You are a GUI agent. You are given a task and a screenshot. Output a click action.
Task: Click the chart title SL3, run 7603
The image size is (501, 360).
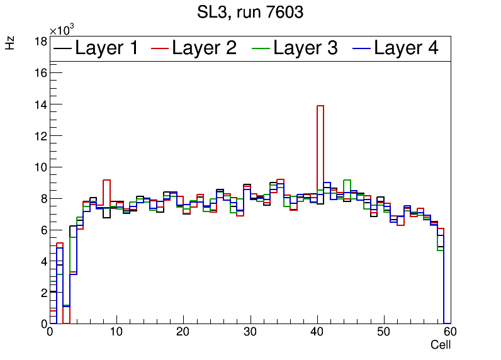click(x=250, y=13)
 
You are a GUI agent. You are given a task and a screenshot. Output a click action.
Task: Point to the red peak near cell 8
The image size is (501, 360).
click(x=106, y=181)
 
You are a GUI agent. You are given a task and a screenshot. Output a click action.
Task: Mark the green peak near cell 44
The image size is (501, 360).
click(x=347, y=181)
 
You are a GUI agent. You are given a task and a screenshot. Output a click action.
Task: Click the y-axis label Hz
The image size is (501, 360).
click(x=11, y=43)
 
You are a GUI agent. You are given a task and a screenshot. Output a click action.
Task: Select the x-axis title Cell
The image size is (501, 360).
click(x=441, y=345)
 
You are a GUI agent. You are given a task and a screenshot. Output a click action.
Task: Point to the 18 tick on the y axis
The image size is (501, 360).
click(x=41, y=42)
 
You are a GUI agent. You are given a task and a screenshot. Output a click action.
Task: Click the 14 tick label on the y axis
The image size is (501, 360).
click(x=41, y=104)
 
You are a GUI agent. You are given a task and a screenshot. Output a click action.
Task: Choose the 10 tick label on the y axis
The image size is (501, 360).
click(x=41, y=167)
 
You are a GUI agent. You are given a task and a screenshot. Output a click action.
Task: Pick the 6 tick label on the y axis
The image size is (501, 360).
click(x=43, y=230)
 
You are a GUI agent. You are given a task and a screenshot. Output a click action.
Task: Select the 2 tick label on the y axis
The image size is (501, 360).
click(x=43, y=293)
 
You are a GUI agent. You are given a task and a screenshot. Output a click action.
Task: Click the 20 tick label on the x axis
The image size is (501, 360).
click(x=183, y=333)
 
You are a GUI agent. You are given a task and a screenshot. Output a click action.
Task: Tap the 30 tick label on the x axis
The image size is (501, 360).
click(x=250, y=333)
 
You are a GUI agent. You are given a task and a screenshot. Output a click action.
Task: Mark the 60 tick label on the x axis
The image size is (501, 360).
click(x=449, y=333)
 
